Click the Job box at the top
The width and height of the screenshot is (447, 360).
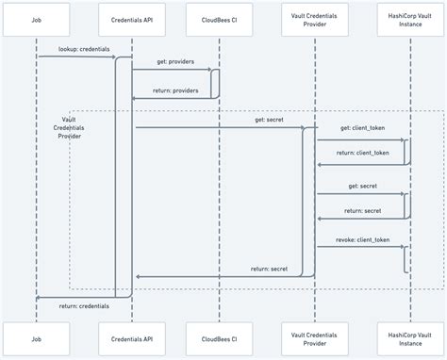tap(37, 18)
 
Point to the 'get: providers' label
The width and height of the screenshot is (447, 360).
tap(172, 60)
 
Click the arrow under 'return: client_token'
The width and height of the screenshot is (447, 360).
tap(361, 165)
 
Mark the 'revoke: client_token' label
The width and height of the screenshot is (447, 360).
tap(361, 239)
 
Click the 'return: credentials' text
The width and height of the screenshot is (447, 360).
tap(83, 305)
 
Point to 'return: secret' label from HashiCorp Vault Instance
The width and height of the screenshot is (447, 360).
tap(361, 210)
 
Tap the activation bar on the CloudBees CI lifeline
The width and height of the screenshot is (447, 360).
tap(216, 83)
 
